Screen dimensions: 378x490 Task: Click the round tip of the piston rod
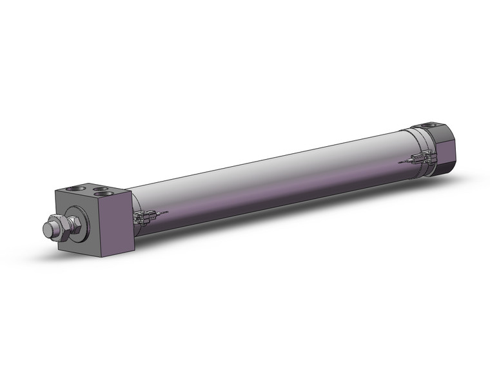click(x=47, y=229)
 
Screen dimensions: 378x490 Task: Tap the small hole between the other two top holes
click(x=101, y=189)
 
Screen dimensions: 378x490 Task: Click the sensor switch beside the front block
click(x=144, y=218)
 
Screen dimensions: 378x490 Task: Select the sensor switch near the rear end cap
click(x=420, y=159)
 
